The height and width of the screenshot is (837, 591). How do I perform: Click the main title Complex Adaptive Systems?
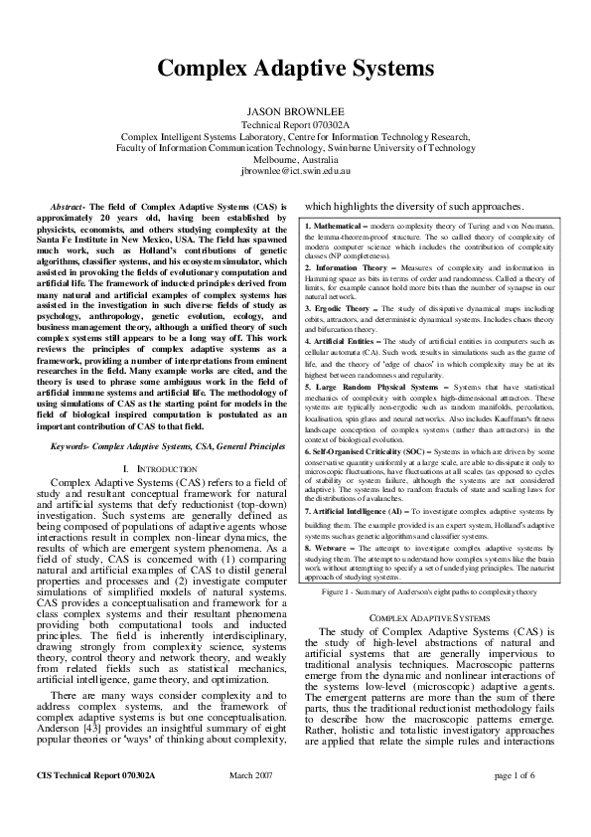pyautogui.click(x=295, y=69)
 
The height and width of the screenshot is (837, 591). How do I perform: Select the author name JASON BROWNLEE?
pyautogui.click(x=295, y=113)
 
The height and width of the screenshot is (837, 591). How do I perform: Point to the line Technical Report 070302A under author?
pyautogui.click(x=295, y=126)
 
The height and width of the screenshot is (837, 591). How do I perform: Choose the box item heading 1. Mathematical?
pyautogui.click(x=338, y=229)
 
